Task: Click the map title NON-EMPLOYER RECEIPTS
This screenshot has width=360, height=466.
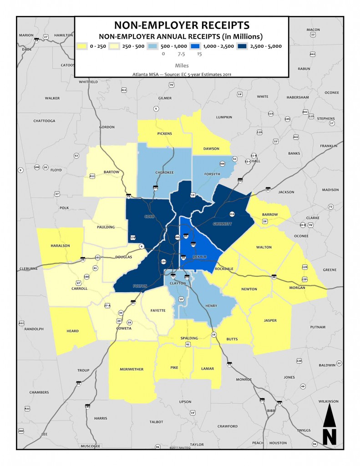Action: (x=182, y=25)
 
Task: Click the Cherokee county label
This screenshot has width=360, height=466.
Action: (x=164, y=172)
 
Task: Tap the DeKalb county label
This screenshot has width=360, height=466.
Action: (x=199, y=257)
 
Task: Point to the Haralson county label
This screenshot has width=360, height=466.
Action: (x=60, y=246)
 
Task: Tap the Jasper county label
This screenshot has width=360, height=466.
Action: (x=270, y=320)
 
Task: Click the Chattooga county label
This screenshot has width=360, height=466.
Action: (x=44, y=121)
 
